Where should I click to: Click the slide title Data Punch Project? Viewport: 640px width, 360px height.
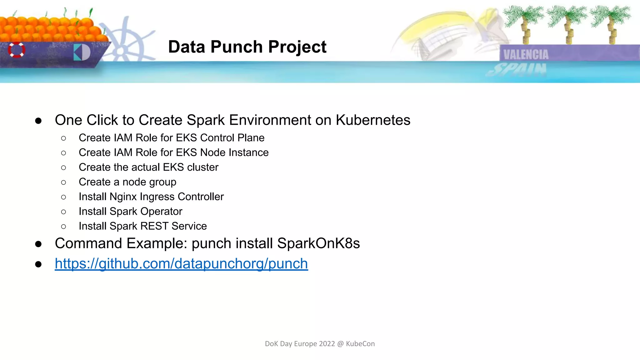point(247,47)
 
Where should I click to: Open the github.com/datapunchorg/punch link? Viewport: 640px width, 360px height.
point(181,263)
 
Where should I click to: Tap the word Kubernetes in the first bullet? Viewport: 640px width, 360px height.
point(373,120)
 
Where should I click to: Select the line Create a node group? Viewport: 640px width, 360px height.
point(127,182)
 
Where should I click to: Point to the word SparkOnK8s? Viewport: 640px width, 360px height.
point(318,243)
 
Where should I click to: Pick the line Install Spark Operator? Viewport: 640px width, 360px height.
point(130,211)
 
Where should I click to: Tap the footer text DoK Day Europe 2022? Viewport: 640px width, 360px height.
point(300,344)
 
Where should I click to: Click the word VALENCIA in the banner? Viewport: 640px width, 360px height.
point(526,54)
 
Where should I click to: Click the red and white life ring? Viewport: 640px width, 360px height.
point(17,50)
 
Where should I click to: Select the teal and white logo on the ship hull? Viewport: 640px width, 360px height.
point(82,52)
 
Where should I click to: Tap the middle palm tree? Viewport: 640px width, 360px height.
point(567,23)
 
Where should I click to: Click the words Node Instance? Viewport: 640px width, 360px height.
point(234,152)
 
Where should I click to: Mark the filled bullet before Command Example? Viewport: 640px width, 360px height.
point(38,244)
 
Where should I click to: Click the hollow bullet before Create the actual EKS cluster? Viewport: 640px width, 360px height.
point(64,168)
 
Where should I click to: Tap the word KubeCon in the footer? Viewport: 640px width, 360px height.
point(360,344)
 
